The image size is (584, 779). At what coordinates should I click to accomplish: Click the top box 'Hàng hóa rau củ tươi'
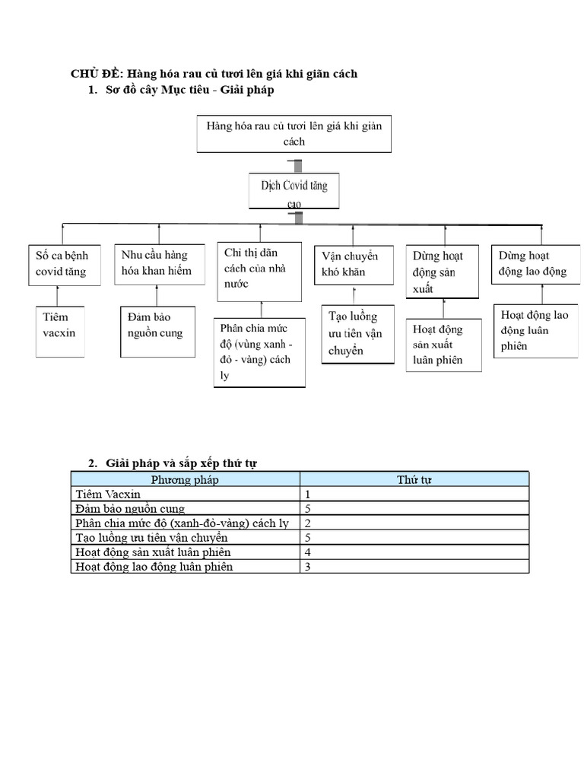(x=294, y=134)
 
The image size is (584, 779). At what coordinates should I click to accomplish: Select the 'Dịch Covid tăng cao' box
(x=294, y=189)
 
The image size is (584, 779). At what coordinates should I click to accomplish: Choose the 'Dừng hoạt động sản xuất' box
(x=442, y=272)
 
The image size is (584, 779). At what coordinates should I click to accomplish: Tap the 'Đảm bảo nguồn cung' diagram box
(x=155, y=330)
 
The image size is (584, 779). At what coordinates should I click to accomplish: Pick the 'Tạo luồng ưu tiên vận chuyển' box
(x=357, y=333)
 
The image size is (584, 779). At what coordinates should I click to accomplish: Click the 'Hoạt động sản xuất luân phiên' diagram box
(x=443, y=345)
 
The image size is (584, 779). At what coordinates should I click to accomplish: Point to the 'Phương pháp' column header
(x=185, y=479)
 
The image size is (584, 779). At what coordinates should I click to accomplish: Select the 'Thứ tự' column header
(x=414, y=479)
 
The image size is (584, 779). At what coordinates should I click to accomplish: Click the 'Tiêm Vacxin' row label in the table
(x=108, y=494)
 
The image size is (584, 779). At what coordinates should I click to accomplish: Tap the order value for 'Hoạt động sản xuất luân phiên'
(x=308, y=552)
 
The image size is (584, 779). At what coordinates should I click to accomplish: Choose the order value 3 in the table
(x=308, y=567)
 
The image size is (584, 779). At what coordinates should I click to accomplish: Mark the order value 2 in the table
(x=308, y=523)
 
